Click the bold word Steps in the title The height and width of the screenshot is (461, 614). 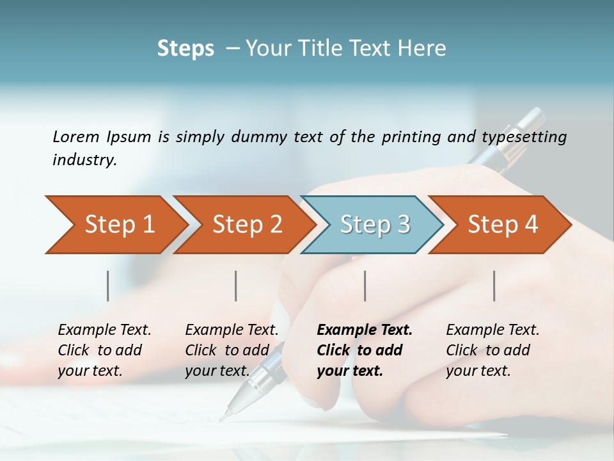(185, 49)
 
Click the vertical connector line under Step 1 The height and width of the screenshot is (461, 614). (108, 286)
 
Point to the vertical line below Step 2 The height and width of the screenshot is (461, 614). (236, 286)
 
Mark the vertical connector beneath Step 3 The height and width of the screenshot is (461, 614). (365, 286)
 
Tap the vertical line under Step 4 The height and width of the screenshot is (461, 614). (494, 286)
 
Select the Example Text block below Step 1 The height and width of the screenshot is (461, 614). (104, 350)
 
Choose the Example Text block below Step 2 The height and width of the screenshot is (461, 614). (232, 350)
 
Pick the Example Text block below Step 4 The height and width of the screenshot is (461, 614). (492, 350)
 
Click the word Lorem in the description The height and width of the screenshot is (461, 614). (76, 136)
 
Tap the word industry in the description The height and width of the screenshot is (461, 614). (84, 160)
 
